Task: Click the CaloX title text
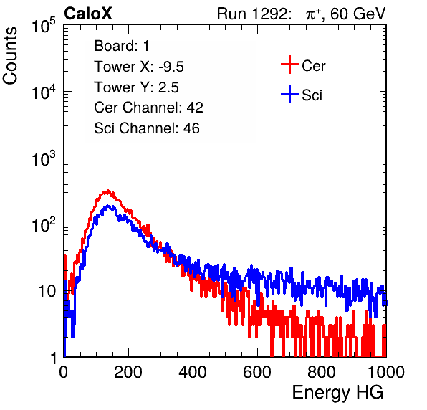click(87, 14)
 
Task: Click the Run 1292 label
click(252, 14)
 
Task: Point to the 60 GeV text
click(358, 14)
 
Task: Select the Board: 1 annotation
click(122, 46)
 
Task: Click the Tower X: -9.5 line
click(139, 67)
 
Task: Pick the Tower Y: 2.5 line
click(136, 87)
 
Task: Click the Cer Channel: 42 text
click(148, 108)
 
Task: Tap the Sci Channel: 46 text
click(147, 128)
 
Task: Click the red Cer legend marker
click(289, 65)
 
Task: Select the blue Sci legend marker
click(289, 94)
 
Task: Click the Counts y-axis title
click(10, 56)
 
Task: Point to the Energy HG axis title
click(337, 393)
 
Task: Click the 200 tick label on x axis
click(128, 372)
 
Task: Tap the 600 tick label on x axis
click(257, 372)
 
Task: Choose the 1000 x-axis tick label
click(386, 372)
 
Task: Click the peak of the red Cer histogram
click(108, 191)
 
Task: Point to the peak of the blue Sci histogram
click(108, 206)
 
